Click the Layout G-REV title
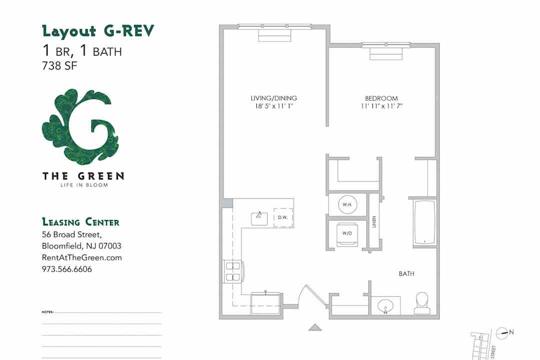click(98, 31)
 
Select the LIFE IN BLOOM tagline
click(83, 185)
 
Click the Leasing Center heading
click(80, 222)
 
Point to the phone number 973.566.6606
click(67, 269)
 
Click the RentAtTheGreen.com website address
click(82, 257)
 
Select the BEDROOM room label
click(381, 98)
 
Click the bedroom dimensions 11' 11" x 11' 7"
click(381, 106)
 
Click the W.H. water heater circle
click(347, 204)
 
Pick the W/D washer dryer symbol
click(347, 233)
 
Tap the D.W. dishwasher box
click(282, 217)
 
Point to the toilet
click(422, 302)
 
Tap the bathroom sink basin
click(385, 305)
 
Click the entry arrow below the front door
click(314, 327)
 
